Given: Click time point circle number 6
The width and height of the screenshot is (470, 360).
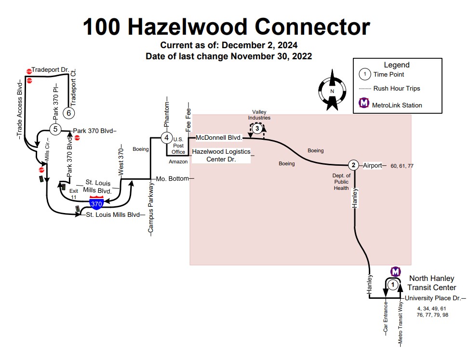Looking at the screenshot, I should point(69,113).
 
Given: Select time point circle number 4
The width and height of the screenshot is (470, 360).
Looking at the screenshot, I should point(167,138).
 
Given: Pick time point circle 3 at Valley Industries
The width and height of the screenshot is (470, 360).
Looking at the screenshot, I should point(257,128).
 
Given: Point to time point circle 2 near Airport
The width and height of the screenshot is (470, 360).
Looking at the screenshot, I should point(354,165).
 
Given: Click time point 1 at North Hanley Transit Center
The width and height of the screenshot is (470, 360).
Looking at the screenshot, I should point(393,285).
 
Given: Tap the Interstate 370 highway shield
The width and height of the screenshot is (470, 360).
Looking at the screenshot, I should point(96,203).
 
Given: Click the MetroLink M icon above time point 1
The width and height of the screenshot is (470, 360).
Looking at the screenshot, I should point(395,271).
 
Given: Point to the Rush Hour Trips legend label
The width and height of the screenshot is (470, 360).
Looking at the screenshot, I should point(397,89).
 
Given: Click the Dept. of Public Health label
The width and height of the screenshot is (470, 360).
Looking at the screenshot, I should point(341,182).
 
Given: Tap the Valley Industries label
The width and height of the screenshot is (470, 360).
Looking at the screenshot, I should point(259,115).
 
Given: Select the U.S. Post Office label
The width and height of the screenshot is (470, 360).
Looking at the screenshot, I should point(178,145).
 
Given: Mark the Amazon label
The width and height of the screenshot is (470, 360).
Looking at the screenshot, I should point(178,162).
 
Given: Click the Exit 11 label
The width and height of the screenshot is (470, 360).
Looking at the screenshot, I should point(73,194).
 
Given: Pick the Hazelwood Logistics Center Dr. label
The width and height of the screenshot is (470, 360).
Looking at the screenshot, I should point(221,155).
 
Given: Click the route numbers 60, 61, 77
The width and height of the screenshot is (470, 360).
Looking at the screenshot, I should point(402,166).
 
